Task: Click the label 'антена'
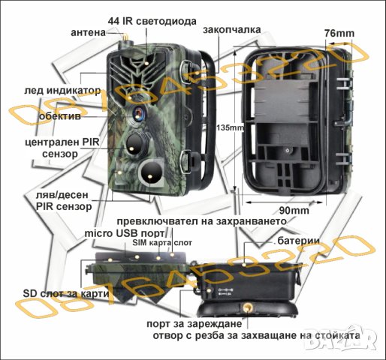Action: click(x=88, y=33)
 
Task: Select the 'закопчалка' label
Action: click(x=232, y=30)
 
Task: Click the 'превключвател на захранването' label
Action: click(x=201, y=223)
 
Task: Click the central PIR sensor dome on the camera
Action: click(x=134, y=142)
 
